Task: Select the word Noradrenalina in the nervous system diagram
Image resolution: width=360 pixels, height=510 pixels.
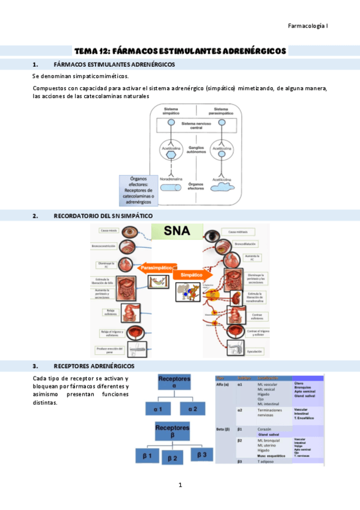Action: [171, 179]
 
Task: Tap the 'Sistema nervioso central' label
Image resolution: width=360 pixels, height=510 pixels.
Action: [197, 124]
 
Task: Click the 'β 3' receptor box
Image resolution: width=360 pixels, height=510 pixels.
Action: [201, 455]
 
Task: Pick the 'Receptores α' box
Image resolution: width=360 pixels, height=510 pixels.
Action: [173, 382]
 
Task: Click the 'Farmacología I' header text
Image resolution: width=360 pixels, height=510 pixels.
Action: [308, 26]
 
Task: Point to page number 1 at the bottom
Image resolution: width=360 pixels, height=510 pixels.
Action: [180, 485]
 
